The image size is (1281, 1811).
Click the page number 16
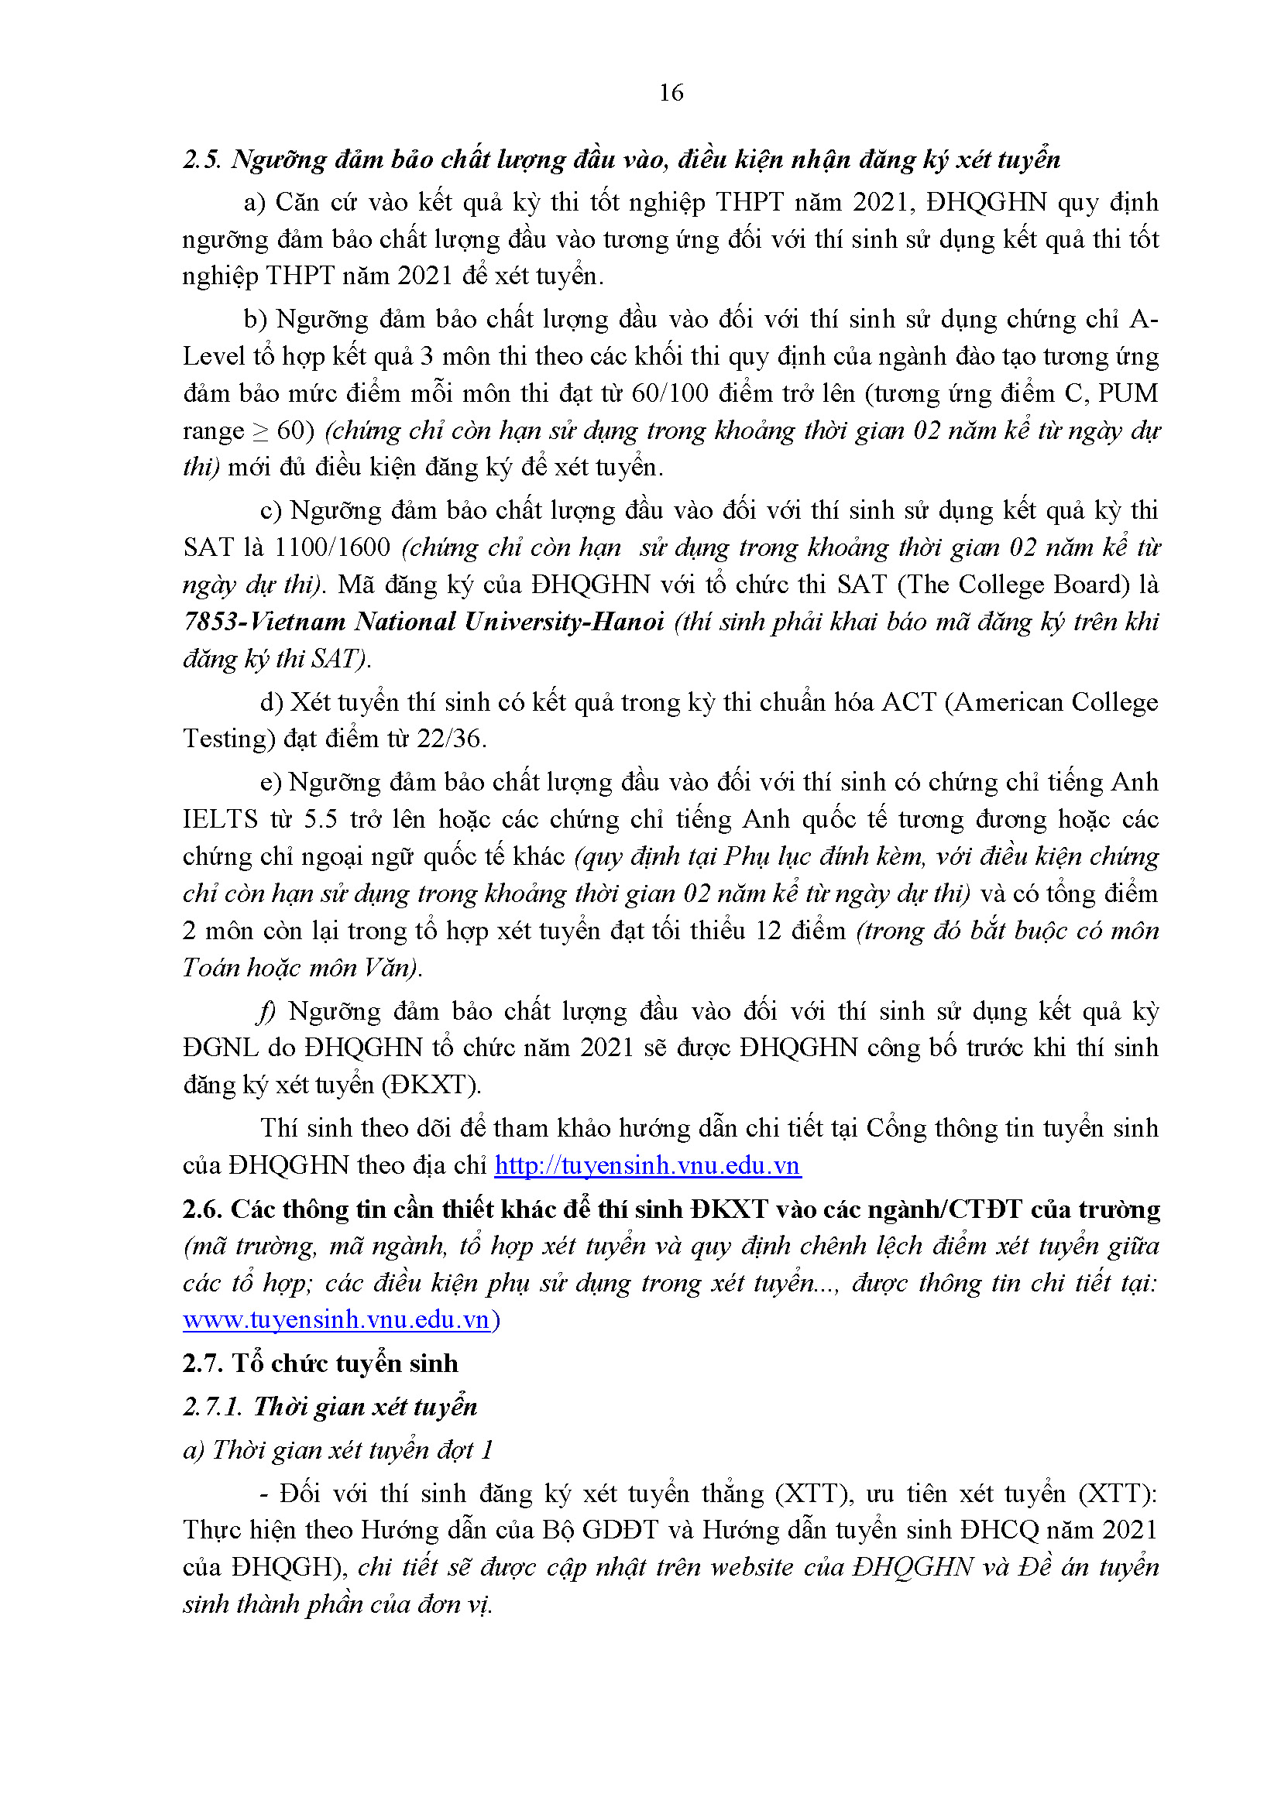[x=671, y=93]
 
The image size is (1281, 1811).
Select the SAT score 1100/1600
[x=332, y=547]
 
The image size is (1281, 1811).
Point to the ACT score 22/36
[x=448, y=739]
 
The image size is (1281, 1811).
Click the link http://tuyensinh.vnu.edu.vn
[x=647, y=1166]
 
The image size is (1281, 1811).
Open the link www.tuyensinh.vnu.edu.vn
[x=337, y=1320]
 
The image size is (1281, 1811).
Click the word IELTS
[x=220, y=819]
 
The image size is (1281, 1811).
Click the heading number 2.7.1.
[x=211, y=1407]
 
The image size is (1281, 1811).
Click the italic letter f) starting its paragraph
[x=266, y=1011]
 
